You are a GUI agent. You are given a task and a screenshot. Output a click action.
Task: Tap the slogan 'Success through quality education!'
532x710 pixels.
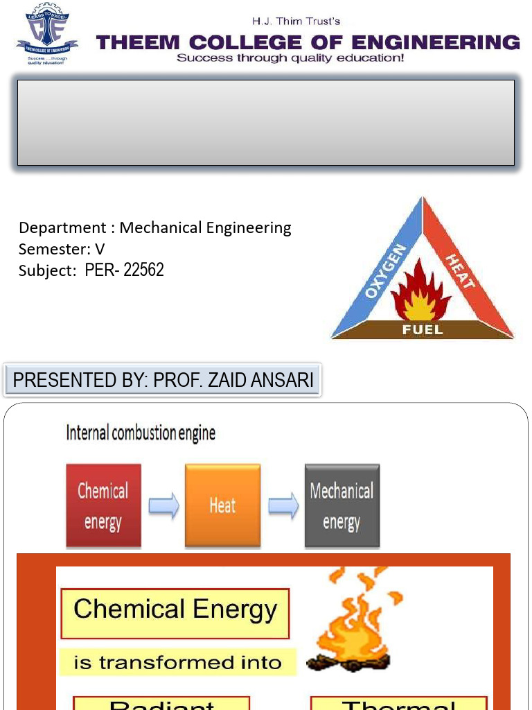point(290,58)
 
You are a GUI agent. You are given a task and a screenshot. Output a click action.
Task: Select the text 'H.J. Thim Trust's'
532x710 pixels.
point(296,21)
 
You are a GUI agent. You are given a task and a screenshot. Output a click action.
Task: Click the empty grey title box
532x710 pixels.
point(265,123)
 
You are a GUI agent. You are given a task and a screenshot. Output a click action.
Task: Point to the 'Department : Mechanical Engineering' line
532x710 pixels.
point(155,227)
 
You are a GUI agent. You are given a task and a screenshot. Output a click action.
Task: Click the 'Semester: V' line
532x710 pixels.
point(62,249)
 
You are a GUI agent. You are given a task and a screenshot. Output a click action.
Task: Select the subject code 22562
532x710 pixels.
point(143,270)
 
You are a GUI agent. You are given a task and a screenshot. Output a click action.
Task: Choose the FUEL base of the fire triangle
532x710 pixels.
point(422,329)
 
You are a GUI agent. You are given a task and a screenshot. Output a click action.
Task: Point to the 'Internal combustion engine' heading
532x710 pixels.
point(141,433)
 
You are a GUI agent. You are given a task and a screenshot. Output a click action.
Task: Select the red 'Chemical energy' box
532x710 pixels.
point(103,505)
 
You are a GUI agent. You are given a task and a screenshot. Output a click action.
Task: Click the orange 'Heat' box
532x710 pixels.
point(222,505)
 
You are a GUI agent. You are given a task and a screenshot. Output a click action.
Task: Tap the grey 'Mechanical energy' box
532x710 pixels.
point(342,505)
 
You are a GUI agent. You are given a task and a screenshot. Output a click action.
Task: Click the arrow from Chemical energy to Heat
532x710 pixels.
point(163,506)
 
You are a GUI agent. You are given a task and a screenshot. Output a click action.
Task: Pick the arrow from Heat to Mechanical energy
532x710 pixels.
point(283,506)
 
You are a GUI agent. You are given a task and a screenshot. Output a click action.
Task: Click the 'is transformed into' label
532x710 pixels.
point(177,663)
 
